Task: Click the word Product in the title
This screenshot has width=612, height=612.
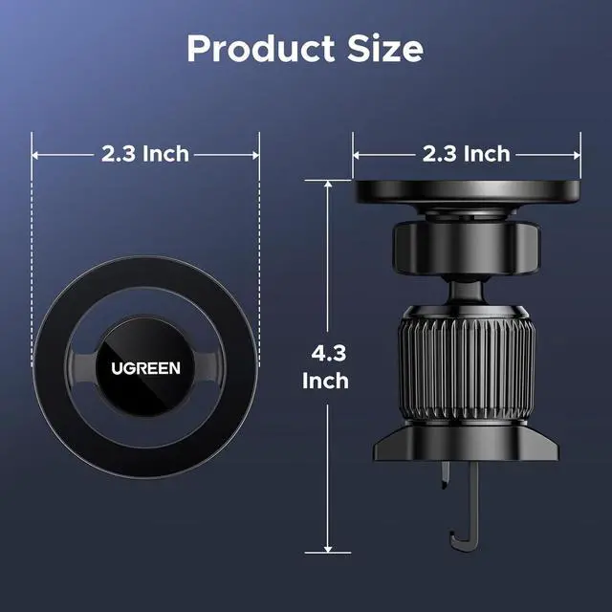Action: (261, 49)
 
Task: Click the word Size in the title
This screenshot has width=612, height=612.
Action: (385, 49)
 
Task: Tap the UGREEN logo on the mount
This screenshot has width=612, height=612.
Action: (145, 368)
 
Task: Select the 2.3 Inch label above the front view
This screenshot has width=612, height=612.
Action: (145, 154)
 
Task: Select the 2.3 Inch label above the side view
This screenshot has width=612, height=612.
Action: (467, 154)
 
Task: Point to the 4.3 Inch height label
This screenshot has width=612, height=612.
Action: (326, 367)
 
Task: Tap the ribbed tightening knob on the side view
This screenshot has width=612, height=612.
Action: (467, 365)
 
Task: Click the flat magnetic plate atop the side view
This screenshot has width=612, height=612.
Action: (467, 191)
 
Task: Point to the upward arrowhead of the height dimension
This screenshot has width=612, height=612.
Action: (328, 184)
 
